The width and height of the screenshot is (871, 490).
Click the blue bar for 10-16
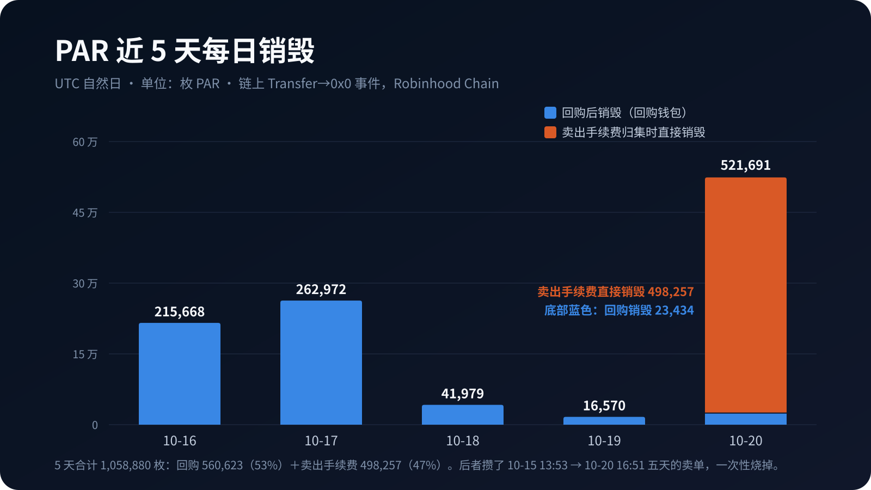click(x=180, y=373)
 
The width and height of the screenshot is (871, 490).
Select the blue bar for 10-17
click(x=321, y=363)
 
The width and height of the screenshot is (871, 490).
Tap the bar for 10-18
click(x=463, y=414)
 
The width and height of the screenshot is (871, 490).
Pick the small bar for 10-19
click(x=604, y=421)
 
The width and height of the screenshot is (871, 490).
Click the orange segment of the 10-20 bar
click(x=746, y=295)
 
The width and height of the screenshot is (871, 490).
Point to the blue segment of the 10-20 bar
click(x=746, y=419)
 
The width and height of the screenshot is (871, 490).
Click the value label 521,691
click(x=745, y=166)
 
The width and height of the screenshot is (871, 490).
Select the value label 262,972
click(x=321, y=289)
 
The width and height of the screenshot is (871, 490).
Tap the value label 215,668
click(x=179, y=311)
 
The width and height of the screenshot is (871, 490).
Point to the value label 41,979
click(x=462, y=394)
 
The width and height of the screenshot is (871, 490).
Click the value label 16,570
click(x=604, y=406)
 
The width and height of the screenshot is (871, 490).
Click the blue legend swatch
click(x=550, y=113)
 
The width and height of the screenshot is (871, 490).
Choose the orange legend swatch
click(x=550, y=132)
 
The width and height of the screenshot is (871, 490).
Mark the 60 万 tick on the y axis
click(x=85, y=142)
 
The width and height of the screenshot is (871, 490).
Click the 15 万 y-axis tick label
click(x=85, y=354)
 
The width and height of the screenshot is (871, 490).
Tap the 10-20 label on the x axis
click(x=746, y=440)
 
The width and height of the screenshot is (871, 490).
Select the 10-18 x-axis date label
click(x=463, y=440)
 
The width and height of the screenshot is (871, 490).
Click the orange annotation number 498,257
click(x=671, y=292)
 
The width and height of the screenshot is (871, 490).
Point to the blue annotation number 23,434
click(x=674, y=310)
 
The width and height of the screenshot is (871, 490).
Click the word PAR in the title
click(x=82, y=51)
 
